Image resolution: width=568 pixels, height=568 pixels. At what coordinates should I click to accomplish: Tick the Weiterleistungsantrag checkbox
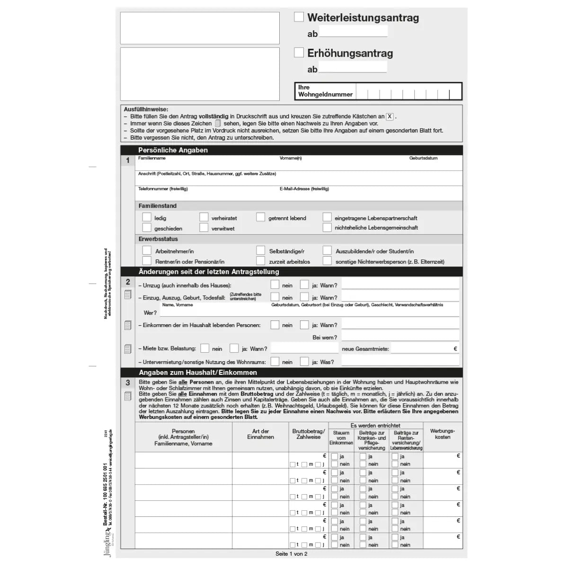coord(299,17)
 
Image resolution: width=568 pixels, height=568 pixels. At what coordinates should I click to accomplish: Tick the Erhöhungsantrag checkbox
coord(299,53)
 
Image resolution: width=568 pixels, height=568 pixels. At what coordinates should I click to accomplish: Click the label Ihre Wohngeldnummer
coord(325,91)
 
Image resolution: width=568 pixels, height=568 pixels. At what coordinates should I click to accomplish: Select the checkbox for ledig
coord(147,217)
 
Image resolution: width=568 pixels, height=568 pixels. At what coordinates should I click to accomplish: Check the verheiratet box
coord(204,217)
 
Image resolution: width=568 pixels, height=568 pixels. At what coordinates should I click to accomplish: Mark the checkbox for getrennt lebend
coord(261,217)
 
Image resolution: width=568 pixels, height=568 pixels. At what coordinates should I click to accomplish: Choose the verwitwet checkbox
coord(204,228)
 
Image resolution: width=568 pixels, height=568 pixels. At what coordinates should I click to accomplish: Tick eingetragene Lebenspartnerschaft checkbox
coord(327,217)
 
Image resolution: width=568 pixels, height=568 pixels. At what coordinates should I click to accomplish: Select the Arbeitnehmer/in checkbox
coord(147,250)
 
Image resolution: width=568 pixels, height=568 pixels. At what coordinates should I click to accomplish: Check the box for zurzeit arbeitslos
coord(261,261)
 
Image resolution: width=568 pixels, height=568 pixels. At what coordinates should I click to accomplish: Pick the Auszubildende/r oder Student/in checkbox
coord(327,250)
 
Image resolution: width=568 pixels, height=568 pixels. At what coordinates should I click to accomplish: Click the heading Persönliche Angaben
coord(173,150)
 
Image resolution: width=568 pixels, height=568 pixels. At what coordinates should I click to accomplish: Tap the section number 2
coord(128,282)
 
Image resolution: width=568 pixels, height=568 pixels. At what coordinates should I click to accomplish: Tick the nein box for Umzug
coord(275,284)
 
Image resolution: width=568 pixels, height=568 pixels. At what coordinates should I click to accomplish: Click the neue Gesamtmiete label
coord(365,349)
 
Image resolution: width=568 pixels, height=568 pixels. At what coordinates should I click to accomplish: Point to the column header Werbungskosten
coord(443,434)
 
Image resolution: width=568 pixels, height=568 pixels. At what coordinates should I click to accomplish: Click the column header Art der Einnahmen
coord(260,434)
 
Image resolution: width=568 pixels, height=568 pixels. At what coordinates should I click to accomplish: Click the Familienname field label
coord(152,158)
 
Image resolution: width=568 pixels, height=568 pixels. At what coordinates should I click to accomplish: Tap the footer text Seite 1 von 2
coord(292,553)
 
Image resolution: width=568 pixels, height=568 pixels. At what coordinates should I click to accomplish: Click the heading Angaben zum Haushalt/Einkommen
coord(198,373)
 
